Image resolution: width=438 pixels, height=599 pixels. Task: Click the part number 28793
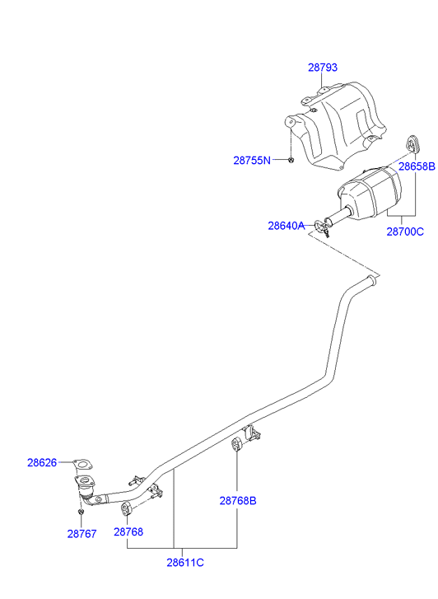coord(323,68)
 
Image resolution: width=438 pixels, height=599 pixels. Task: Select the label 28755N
coord(252,161)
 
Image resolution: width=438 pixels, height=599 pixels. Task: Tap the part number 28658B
coord(417,166)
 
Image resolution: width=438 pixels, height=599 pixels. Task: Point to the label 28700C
coord(405,232)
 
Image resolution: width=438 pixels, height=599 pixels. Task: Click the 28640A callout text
coord(287,226)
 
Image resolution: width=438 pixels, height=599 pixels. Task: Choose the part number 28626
coord(42,462)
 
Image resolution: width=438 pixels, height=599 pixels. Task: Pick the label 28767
coord(82,534)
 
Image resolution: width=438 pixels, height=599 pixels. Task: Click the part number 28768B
coord(238,500)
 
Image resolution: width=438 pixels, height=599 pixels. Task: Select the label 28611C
coord(185,563)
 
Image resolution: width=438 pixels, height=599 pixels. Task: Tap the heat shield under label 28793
coord(336,126)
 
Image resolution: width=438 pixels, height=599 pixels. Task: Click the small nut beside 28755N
coord(291,160)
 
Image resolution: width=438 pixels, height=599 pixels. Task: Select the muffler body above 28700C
coord(370,193)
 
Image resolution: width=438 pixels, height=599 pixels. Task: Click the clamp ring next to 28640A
coord(320,226)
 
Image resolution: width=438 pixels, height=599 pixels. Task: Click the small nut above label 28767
coord(80,512)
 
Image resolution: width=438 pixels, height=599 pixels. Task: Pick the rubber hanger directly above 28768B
coord(236,445)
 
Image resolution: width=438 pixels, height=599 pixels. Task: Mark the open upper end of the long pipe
coord(371,281)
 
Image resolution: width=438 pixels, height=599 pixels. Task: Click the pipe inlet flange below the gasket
coord(85,482)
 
